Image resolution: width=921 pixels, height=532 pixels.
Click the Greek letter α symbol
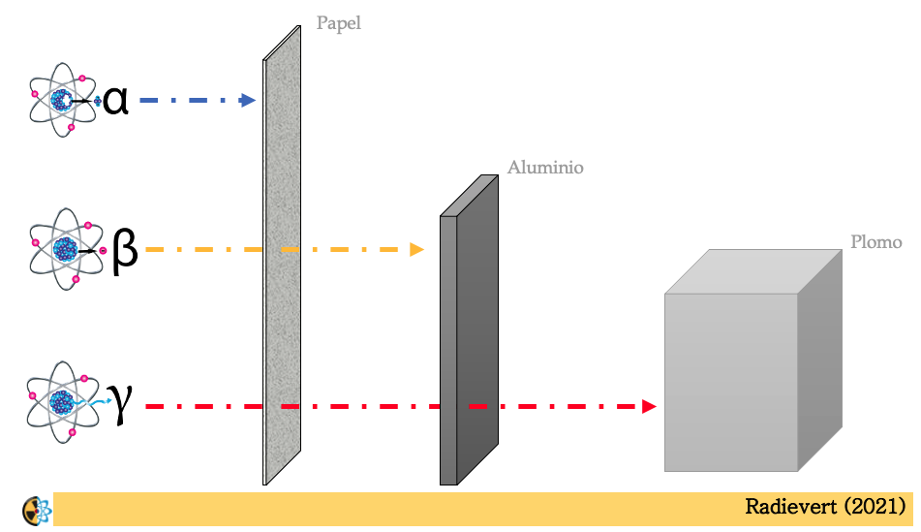115,101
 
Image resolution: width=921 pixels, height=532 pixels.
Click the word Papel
338,23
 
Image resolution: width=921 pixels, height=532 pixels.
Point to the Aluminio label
545,168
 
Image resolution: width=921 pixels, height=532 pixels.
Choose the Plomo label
875,242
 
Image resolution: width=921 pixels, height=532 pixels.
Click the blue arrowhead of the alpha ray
248,100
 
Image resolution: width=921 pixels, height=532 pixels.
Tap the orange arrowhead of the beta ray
416,250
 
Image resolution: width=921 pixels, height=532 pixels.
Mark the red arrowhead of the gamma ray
648,407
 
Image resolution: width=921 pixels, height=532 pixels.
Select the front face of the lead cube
730,383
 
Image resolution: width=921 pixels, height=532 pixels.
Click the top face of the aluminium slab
470,196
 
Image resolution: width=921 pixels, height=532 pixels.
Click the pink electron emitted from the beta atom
102,251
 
